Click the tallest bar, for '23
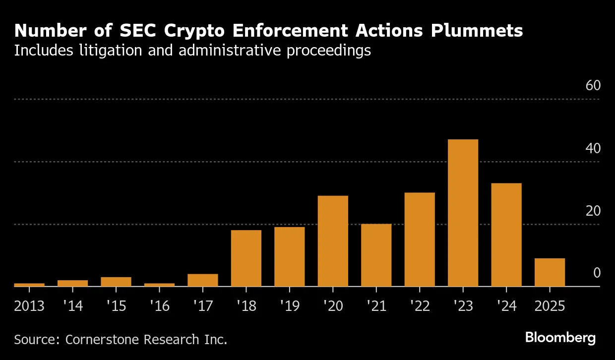coord(463,213)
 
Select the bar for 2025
coord(550,272)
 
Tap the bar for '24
coord(506,235)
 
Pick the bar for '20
coord(333,241)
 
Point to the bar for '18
coord(246,258)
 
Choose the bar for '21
coord(376,255)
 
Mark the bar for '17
coord(203,280)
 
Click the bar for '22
coord(420,240)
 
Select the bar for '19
coord(290,256)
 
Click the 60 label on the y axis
coord(593,86)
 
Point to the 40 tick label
coord(593,148)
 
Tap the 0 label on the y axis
coord(597,273)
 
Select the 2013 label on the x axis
coord(29,306)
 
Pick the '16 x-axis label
coord(159,306)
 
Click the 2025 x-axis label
coord(550,306)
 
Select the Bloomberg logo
coord(560,338)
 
